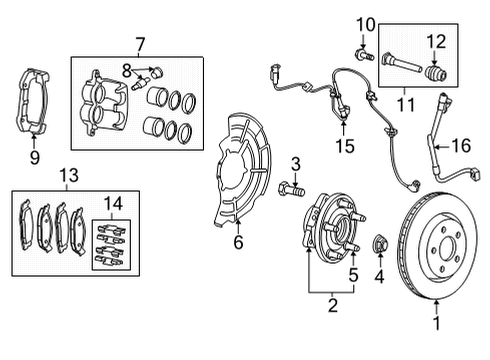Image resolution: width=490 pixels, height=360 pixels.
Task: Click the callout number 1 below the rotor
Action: (x=435, y=323)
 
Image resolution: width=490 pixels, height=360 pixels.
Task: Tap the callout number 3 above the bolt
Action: (x=296, y=164)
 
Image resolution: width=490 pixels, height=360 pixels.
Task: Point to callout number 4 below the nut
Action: (x=380, y=276)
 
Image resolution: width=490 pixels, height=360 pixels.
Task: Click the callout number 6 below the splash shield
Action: (x=237, y=241)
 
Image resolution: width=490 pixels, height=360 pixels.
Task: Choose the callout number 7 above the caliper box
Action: (x=140, y=44)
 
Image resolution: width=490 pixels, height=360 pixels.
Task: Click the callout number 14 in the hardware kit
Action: (x=114, y=203)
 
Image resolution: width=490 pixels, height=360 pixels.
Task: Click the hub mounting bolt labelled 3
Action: (x=290, y=188)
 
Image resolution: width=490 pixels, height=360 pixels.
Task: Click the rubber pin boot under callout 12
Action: (x=433, y=72)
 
